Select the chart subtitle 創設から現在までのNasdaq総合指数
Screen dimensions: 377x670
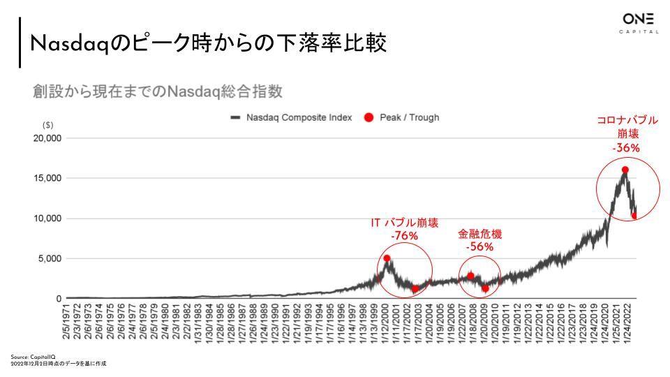157,91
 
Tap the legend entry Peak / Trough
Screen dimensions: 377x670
409,117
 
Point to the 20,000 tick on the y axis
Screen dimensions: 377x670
48,138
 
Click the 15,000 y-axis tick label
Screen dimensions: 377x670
48,178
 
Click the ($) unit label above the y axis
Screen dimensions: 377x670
48,126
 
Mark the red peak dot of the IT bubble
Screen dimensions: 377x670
387,258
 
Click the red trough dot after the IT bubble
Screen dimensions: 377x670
415,288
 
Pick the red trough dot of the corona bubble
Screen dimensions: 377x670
634,216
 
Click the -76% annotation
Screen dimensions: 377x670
404,236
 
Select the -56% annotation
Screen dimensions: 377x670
479,246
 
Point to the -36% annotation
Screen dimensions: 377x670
626,147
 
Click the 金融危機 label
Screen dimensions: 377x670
479,234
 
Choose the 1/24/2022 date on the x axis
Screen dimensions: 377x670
630,324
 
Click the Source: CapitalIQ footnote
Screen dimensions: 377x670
29,357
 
